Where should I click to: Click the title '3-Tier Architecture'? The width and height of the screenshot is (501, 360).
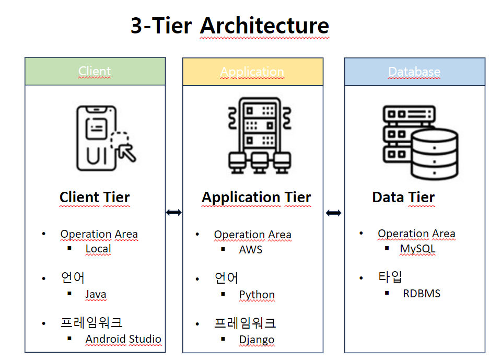(230, 26)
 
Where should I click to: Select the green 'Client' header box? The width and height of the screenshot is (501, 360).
(95, 72)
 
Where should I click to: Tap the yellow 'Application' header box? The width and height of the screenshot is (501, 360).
(252, 72)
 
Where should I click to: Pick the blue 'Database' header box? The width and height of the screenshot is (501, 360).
(414, 72)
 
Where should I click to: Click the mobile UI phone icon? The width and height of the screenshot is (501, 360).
(104, 138)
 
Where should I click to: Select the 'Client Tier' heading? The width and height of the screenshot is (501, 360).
(95, 198)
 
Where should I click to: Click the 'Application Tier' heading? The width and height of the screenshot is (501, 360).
(256, 198)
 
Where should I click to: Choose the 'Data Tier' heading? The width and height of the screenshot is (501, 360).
(403, 198)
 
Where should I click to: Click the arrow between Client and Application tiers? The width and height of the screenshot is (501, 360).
(173, 213)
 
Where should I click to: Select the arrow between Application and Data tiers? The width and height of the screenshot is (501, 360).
(333, 213)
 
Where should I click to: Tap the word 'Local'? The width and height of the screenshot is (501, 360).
(98, 249)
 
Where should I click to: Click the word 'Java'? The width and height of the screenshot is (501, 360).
(96, 294)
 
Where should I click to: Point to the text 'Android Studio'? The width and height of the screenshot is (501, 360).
(123, 339)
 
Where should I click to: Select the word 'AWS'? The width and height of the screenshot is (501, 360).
(251, 249)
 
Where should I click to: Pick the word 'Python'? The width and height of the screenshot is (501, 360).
(257, 295)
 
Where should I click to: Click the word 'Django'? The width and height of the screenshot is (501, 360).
(257, 340)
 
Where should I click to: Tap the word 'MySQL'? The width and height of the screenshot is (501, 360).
(417, 249)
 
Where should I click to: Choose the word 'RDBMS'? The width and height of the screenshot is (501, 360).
(422, 294)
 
